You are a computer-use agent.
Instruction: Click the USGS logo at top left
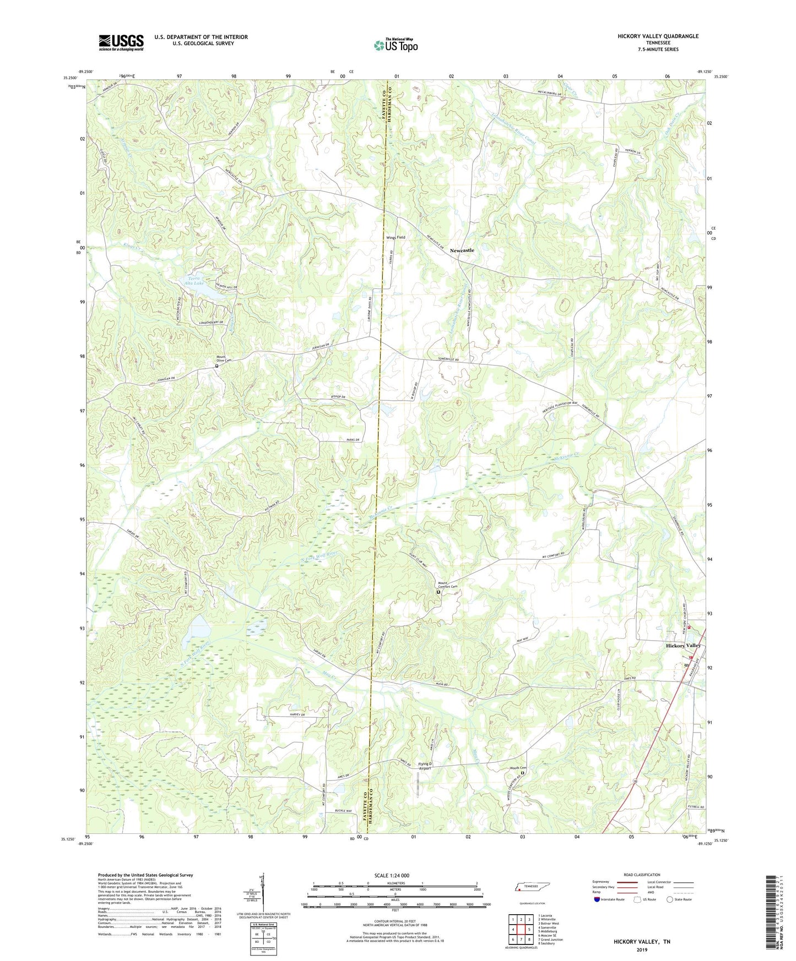(121, 42)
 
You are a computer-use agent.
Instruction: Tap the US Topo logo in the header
(396, 45)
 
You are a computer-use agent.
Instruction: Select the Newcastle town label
(462, 250)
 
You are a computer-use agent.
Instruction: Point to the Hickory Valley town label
(683, 646)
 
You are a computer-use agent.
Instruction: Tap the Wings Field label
(396, 237)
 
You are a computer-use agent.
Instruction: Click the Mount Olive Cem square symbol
(216, 366)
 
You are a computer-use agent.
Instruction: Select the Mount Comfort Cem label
(447, 586)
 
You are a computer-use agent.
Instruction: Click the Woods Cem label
(518, 768)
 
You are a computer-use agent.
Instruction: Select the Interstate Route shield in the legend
(598, 899)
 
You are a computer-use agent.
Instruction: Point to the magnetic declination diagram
(263, 892)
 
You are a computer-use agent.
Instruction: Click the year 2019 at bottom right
(642, 949)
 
